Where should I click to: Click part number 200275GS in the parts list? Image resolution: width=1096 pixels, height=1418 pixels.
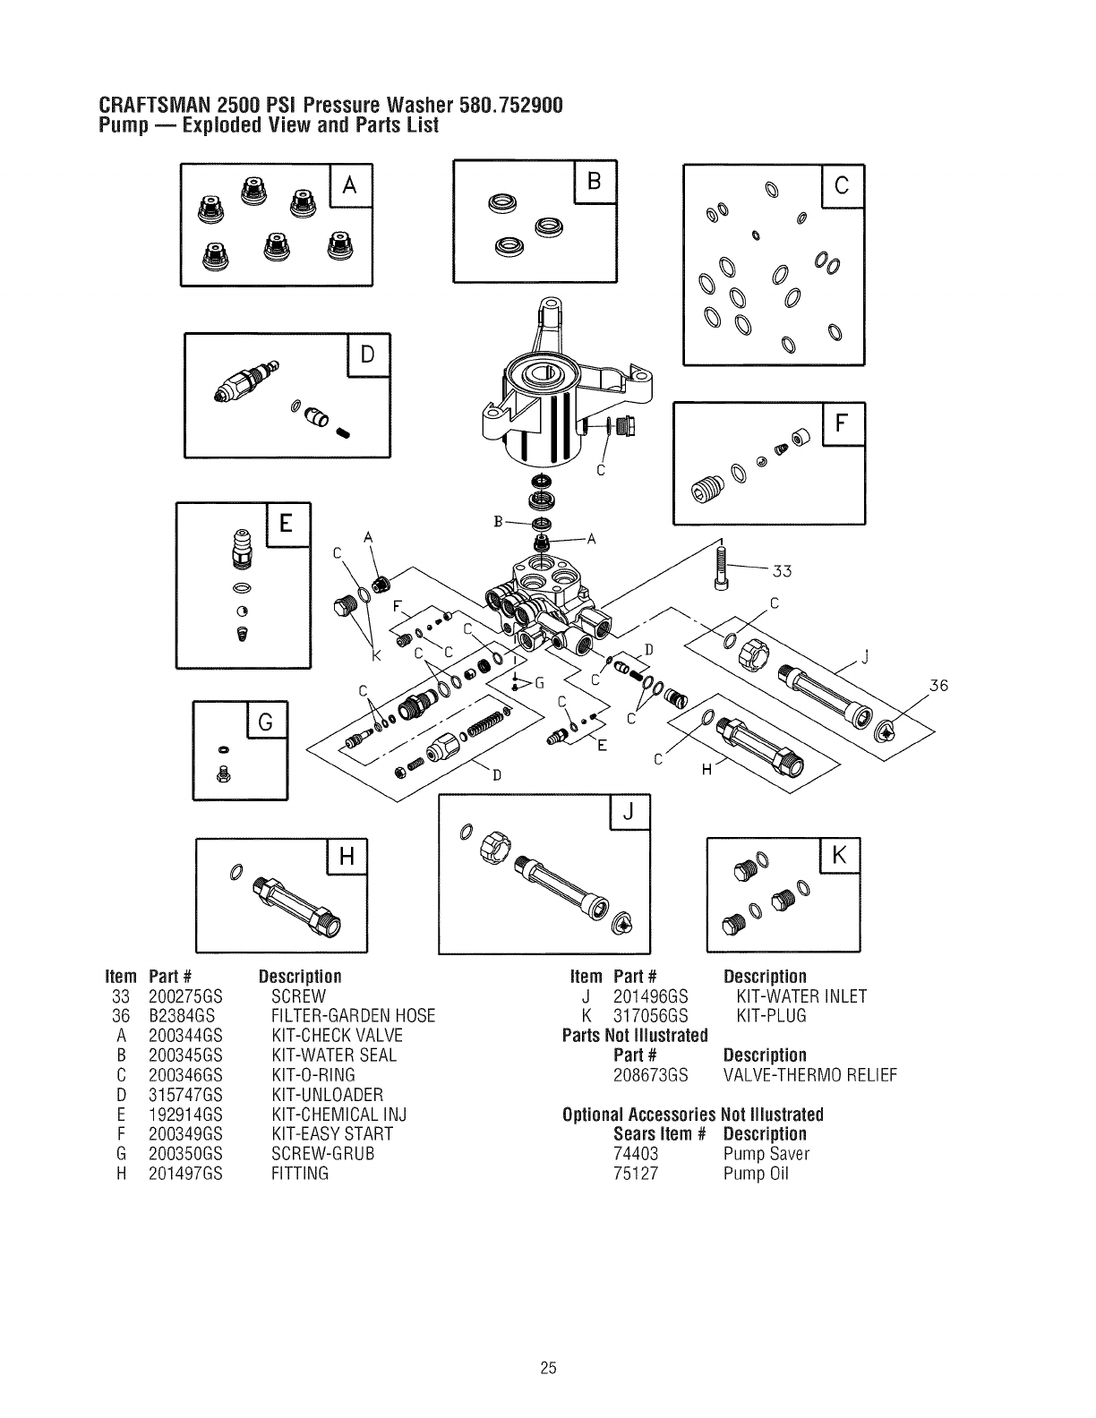(x=184, y=996)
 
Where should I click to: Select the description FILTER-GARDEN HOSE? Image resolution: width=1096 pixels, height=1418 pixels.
(x=353, y=1016)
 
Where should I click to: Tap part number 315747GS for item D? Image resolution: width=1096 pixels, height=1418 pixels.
(x=185, y=1095)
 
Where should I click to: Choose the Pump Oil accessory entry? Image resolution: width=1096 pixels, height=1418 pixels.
(x=756, y=1174)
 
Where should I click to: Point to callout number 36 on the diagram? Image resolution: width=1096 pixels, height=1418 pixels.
(x=938, y=687)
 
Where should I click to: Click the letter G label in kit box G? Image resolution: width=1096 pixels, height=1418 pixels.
(x=266, y=722)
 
